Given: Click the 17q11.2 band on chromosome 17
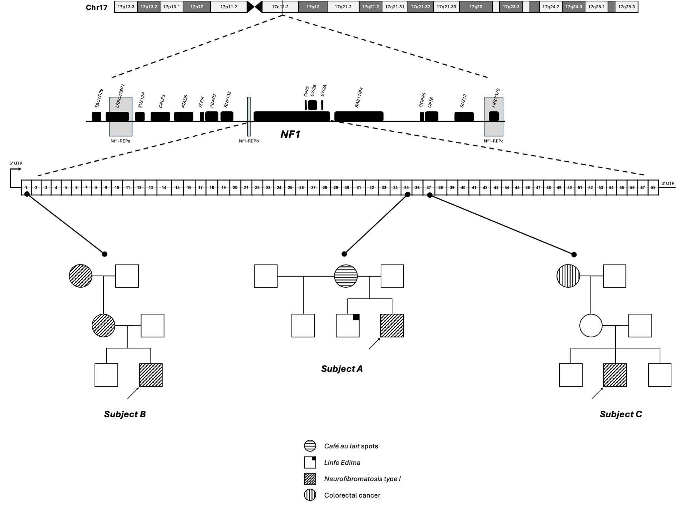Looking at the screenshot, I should point(280,7).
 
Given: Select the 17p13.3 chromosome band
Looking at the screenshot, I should point(126,7).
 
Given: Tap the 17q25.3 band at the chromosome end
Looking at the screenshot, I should point(626,7).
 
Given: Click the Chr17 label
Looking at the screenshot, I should point(97,7).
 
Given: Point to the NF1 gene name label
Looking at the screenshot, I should point(290,134).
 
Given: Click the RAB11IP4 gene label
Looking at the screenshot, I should point(359,97).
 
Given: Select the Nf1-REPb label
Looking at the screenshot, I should point(249,141).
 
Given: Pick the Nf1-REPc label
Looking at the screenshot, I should point(493,141).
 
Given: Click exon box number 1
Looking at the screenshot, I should point(26,187).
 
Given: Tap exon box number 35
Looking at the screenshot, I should point(406,187).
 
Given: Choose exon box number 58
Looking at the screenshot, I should point(653,187).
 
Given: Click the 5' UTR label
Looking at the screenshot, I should point(16,163).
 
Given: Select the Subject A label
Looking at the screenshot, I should point(342,369).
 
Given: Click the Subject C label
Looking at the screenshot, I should point(621,414).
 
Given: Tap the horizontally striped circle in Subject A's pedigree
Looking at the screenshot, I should point(346,276).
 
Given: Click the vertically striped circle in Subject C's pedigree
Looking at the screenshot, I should point(568,276).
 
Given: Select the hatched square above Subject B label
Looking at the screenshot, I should point(151,375).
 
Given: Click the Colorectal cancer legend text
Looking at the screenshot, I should point(352,495).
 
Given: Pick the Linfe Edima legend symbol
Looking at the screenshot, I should point(310,462).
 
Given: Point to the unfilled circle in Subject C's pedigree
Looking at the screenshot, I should point(591,326).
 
